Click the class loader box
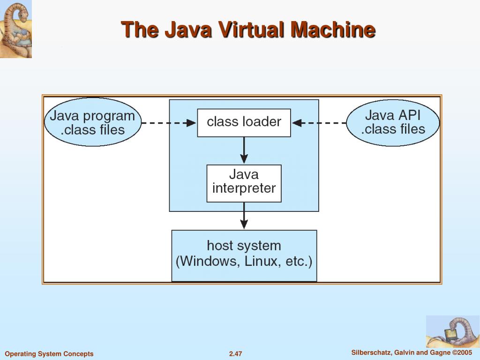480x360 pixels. click(244, 122)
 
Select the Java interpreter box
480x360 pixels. click(244, 183)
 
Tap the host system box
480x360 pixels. click(244, 255)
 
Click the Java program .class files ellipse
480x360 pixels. click(92, 122)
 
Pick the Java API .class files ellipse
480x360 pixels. click(393, 122)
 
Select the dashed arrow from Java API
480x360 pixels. click(320, 123)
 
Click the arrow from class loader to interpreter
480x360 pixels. click(244, 150)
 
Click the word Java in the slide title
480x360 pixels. click(188, 30)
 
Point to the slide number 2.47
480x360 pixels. click(235, 354)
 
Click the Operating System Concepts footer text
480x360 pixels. click(49, 354)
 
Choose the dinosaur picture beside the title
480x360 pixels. click(16, 29)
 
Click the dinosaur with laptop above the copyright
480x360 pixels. click(452, 331)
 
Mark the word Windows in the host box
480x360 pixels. click(210, 262)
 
